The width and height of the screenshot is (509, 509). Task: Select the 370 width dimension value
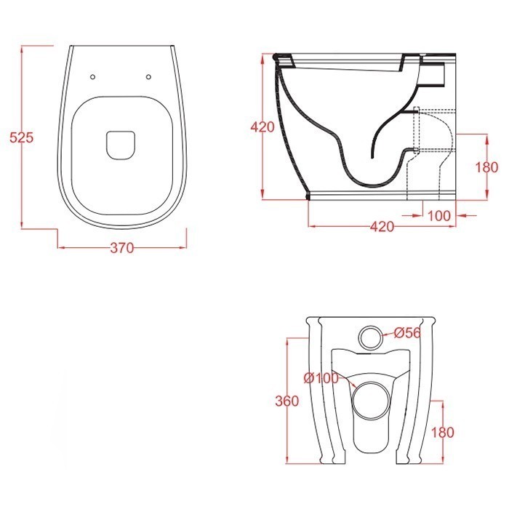(121, 248)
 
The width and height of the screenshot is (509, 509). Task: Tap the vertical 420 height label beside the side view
(262, 127)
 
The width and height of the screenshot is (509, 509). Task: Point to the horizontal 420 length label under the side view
(382, 227)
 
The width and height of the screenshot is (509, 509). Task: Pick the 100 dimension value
(438, 215)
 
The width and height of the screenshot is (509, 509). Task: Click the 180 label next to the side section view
(486, 167)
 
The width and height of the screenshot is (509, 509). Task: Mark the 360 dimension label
(289, 402)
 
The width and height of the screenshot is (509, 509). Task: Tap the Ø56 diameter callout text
(408, 334)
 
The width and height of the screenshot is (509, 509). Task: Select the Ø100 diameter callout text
(321, 378)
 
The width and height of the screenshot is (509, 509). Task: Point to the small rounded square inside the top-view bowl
(121, 144)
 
